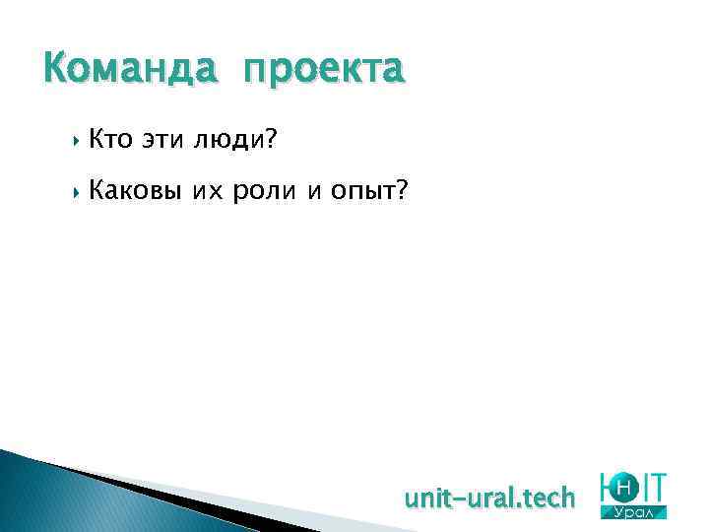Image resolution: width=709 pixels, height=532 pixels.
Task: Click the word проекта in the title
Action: pos(324,70)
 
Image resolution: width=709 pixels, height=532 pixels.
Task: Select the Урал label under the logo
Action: pos(639,512)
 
